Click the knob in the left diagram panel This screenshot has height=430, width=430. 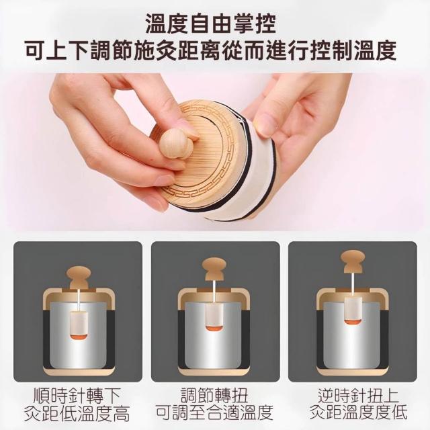[x=79, y=277]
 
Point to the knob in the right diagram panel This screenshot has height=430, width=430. [x=353, y=261]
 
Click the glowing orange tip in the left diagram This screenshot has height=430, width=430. [x=79, y=336]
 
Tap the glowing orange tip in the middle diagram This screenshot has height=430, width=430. [x=213, y=328]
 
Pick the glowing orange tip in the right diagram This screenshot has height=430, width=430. [x=352, y=321]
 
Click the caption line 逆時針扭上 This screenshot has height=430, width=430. [x=358, y=396]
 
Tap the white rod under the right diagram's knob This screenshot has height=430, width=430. [x=353, y=284]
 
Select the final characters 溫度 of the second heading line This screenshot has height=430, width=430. [x=375, y=51]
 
